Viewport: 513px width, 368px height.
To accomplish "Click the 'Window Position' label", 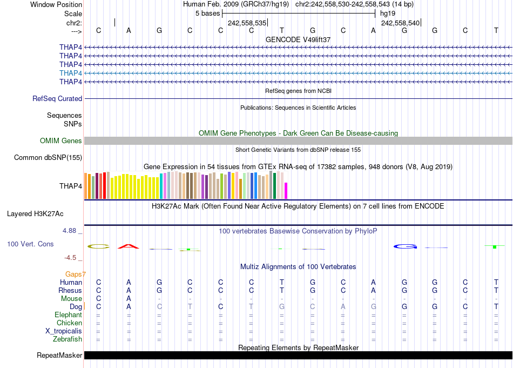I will click(x=56, y=4).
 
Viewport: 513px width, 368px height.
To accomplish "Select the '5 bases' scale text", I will click(x=207, y=13).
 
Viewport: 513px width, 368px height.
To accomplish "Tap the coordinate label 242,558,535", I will click(x=247, y=23).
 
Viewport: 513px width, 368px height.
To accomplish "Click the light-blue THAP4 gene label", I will click(x=71, y=73).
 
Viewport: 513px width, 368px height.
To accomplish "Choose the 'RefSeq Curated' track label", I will click(x=57, y=99).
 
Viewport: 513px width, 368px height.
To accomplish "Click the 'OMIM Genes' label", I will click(x=61, y=141).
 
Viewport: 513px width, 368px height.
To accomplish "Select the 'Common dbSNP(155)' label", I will click(x=48, y=158).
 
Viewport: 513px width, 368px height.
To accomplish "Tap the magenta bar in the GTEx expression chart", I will click(x=286, y=191).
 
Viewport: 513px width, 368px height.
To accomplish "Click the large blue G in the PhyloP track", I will click(x=405, y=247).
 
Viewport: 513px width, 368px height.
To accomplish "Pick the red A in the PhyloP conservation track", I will click(x=129, y=246).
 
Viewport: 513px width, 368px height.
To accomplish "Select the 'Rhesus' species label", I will click(x=70, y=291).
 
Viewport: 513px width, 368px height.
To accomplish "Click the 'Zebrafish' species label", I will click(x=67, y=339).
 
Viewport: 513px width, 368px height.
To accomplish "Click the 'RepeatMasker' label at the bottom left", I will click(x=59, y=356).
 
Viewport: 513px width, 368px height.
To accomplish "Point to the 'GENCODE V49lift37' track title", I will click(x=298, y=40).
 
